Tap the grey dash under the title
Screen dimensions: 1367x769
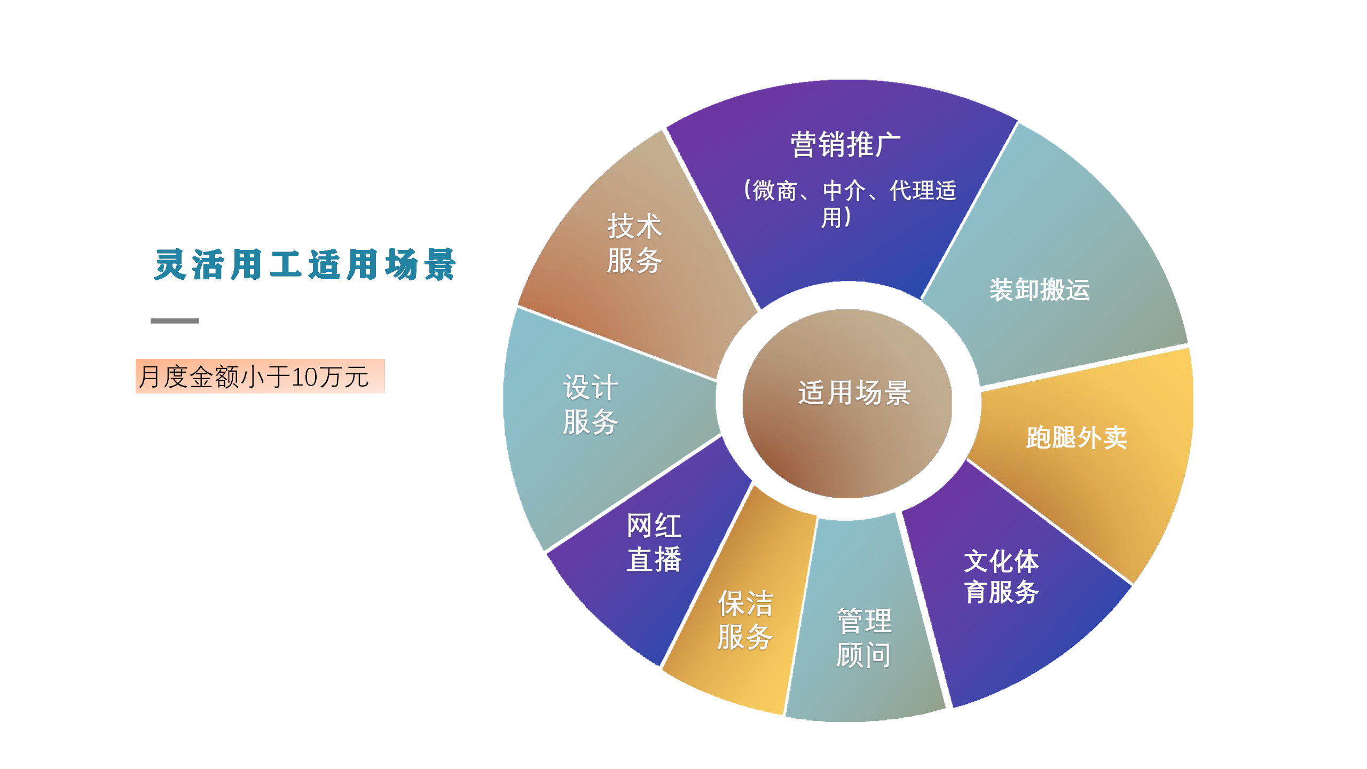pos(175,320)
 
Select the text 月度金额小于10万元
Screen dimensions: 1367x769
pos(254,376)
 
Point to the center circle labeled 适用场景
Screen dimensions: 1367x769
pos(847,403)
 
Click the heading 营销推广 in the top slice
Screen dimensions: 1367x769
pos(846,145)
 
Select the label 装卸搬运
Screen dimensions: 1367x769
pos(1039,290)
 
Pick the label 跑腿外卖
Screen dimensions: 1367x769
pos(1077,437)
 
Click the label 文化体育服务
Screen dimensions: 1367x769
pos(1001,577)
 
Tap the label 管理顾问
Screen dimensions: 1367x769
pos(864,638)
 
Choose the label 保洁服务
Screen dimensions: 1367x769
pos(745,620)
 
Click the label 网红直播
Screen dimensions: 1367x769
pos(654,543)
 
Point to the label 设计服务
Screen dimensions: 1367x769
pos(591,404)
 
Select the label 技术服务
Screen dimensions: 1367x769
pos(634,244)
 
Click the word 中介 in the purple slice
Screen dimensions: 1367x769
pos(844,191)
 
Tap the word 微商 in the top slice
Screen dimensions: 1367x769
pos(775,191)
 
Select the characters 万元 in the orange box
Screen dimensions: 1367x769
pos(344,377)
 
